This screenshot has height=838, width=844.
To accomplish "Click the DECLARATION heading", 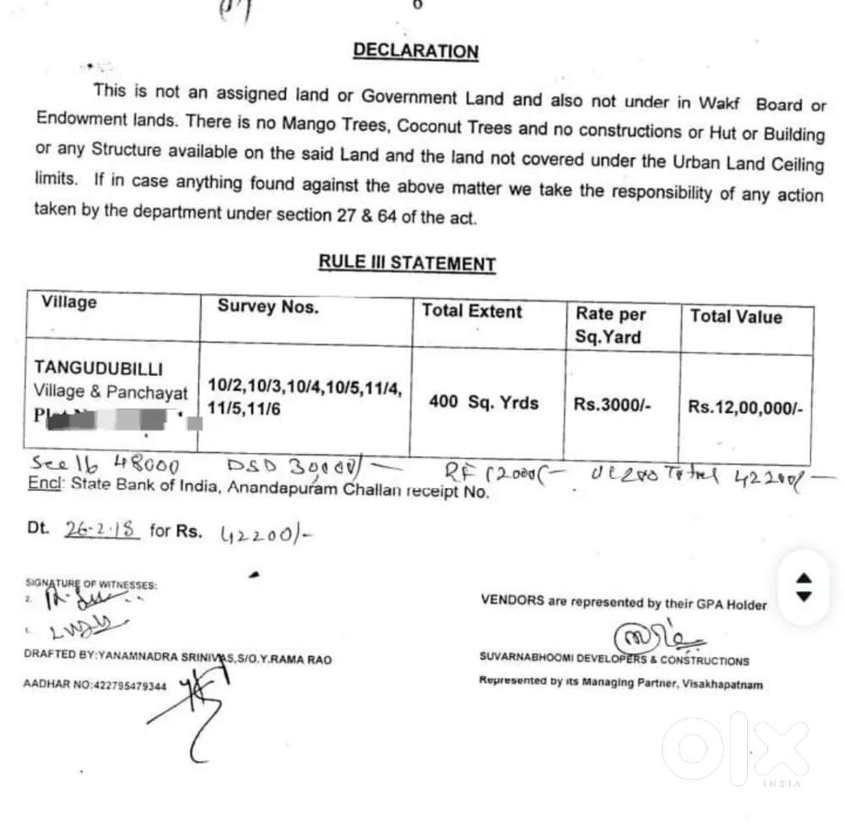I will pos(415,51).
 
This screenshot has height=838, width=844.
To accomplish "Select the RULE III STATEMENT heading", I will pos(406,263).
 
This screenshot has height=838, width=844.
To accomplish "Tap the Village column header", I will pos(69,302).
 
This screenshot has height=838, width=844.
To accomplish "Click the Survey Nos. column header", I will pos(268,307).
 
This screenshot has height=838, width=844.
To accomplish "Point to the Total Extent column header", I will pos(472,311).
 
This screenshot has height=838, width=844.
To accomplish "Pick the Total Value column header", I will pos(735,317).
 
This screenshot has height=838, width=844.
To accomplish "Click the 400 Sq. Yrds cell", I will pos(483,402).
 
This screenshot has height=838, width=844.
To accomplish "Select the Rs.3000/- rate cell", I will pos(612,405).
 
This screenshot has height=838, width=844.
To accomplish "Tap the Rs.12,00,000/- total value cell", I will pos(745,407).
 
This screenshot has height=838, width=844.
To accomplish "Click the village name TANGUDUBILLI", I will pos(99,368).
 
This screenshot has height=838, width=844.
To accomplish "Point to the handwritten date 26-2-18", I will pos(101,530).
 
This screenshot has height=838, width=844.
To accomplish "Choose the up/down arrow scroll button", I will pos(803,587).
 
